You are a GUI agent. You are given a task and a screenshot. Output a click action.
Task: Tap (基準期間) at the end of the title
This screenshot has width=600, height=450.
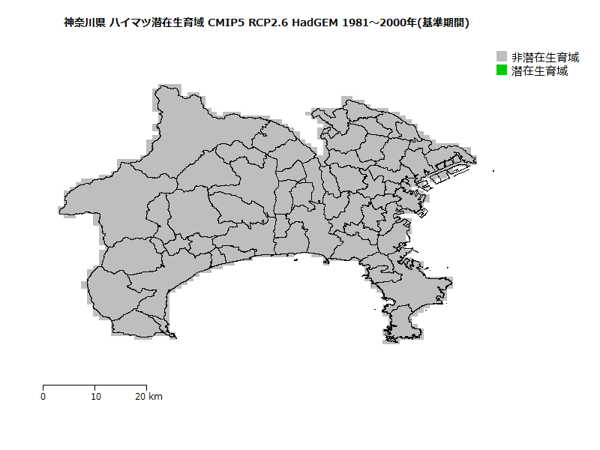(445, 23)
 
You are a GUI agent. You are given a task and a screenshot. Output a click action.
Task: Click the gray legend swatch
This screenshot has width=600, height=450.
(502, 57)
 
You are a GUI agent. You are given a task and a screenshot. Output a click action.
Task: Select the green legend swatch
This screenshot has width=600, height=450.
(502, 70)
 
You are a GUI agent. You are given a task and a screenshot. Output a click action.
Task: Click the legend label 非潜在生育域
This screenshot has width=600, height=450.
(545, 57)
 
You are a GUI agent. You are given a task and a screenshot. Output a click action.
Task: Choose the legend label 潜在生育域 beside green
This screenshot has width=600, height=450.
(539, 71)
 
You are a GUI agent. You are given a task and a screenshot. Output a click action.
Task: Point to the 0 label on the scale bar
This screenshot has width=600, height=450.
(43, 397)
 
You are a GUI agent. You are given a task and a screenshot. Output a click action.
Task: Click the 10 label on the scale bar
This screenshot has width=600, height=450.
(95, 397)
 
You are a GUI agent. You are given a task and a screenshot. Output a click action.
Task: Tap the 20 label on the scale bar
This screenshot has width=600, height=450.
(140, 397)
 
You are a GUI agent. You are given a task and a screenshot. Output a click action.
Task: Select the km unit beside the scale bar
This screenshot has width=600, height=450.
(155, 397)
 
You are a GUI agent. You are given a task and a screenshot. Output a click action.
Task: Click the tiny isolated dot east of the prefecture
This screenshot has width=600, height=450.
(493, 172)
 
